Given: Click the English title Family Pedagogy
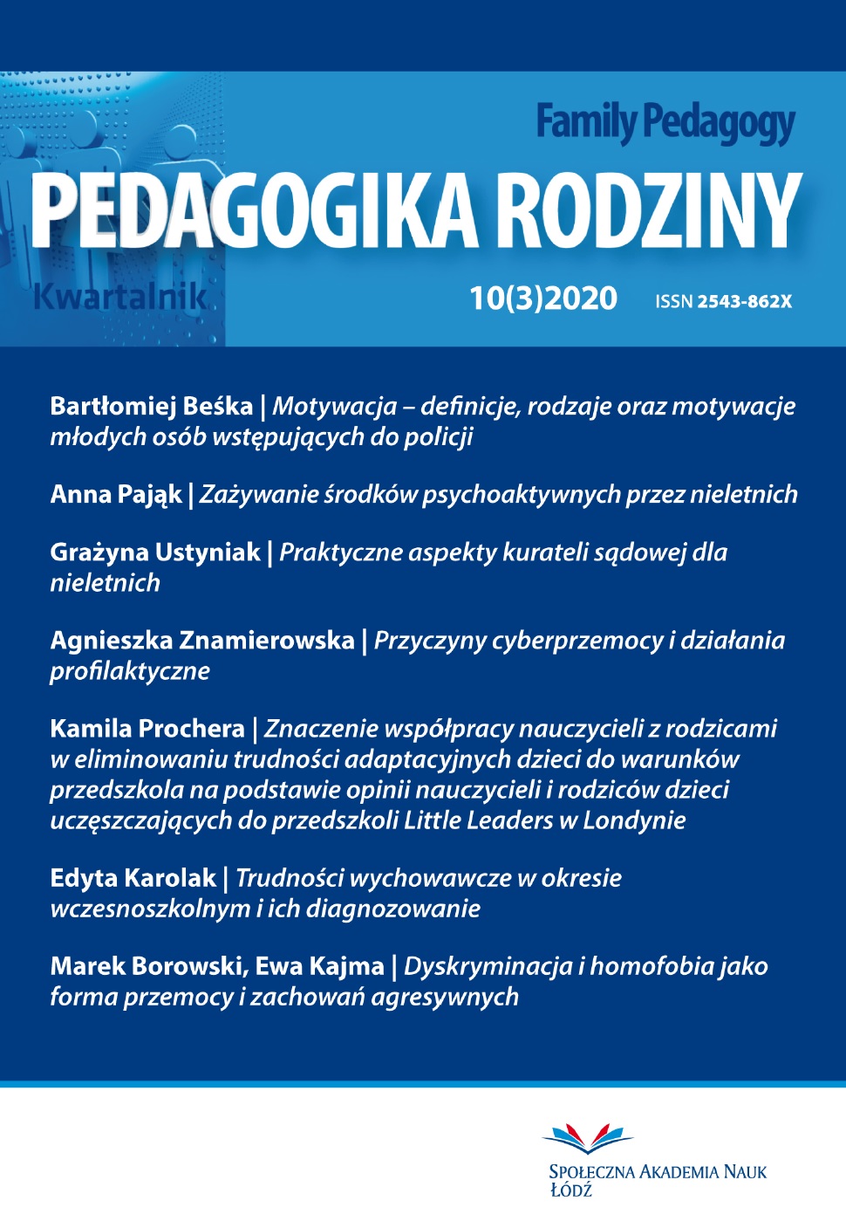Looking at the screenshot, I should pyautogui.click(x=665, y=123).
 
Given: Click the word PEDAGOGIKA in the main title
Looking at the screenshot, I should pyautogui.click(x=254, y=211).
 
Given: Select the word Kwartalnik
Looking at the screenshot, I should pyautogui.click(x=119, y=298).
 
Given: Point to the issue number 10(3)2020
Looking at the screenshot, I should pyautogui.click(x=543, y=298).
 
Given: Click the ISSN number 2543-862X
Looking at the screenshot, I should pyautogui.click(x=744, y=302).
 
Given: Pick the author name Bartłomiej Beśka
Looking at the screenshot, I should pyautogui.click(x=151, y=406).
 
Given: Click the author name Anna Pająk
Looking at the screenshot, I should pyautogui.click(x=115, y=495).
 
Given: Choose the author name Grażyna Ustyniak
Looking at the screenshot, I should pyautogui.click(x=155, y=552).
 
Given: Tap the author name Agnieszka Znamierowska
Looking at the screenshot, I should pyautogui.click(x=202, y=641).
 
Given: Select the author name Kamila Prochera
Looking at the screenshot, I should pyautogui.click(x=147, y=729).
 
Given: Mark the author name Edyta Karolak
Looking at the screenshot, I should pyautogui.click(x=133, y=878).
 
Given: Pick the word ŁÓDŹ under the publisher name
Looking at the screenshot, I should pyautogui.click(x=570, y=1190).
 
